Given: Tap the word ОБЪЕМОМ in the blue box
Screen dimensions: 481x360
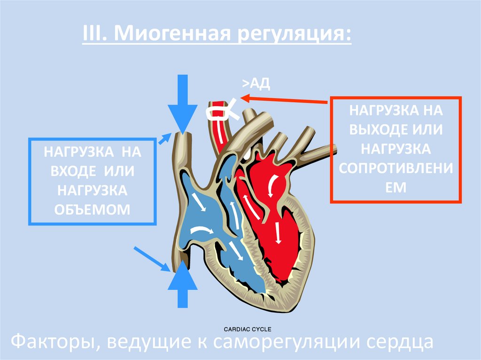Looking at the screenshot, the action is pos(92,209).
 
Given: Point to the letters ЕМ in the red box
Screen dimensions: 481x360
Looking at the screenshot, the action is pos(396,186).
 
